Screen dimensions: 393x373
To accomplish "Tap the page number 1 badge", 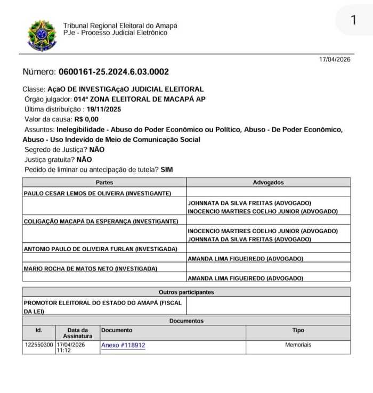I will pyautogui.click(x=353, y=20).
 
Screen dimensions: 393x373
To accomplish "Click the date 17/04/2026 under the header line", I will pyautogui.click(x=335, y=60).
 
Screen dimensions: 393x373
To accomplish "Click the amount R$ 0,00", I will pyautogui.click(x=86, y=119).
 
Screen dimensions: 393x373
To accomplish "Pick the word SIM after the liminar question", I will pyautogui.click(x=166, y=170).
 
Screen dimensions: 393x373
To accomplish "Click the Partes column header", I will pyautogui.click(x=104, y=182).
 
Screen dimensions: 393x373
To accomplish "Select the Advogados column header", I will pyautogui.click(x=269, y=182).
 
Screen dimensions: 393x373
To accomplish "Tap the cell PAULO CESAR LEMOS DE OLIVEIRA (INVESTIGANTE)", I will pyautogui.click(x=98, y=193).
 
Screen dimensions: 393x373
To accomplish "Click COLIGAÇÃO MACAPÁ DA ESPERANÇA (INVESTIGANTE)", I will pyautogui.click(x=101, y=221).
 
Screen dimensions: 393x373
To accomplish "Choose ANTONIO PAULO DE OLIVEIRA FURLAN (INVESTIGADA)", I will pyautogui.click(x=100, y=249).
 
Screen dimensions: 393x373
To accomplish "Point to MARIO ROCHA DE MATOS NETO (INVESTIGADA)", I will pyautogui.click(x=91, y=268).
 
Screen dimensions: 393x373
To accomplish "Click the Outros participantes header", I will pyautogui.click(x=186, y=292).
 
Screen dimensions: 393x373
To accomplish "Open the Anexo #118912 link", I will pyautogui.click(x=123, y=345).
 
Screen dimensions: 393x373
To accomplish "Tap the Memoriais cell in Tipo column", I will pyautogui.click(x=298, y=345).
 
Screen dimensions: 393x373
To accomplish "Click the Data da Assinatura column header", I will pyautogui.click(x=77, y=333).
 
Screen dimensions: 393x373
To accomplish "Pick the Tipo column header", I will pyautogui.click(x=298, y=330).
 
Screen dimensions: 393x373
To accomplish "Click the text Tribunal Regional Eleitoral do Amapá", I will pyautogui.click(x=120, y=26).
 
